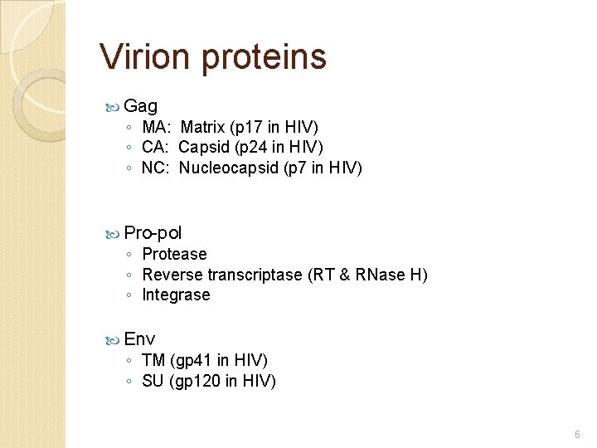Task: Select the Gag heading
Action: click(x=141, y=107)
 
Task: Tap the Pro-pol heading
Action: click(x=153, y=233)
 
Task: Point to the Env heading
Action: click(x=139, y=338)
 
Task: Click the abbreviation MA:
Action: click(x=157, y=127)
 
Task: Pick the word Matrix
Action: click(x=201, y=127)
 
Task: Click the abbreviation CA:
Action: click(x=156, y=147)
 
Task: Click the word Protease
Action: click(x=174, y=254)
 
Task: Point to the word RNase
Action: click(x=378, y=275)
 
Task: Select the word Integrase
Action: click(x=176, y=295)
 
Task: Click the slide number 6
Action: click(x=577, y=434)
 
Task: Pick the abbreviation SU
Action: click(x=153, y=381)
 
